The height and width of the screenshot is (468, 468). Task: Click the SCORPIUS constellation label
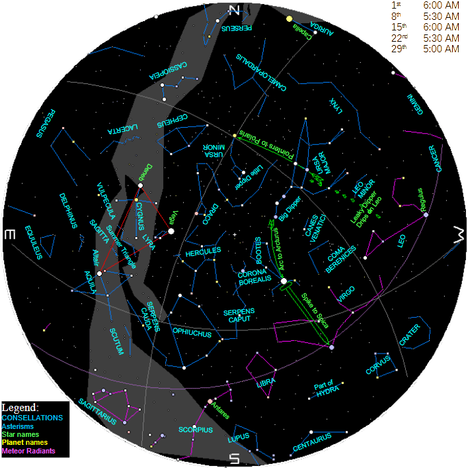tap(195, 430)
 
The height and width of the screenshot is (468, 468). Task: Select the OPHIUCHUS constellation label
tap(192, 333)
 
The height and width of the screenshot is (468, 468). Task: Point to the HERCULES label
tap(203, 254)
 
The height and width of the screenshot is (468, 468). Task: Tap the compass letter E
tap(9, 235)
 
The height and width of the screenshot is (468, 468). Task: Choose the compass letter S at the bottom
tap(233, 458)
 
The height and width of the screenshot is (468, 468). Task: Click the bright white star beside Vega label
tap(171, 231)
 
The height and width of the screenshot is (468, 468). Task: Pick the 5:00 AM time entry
tap(441, 49)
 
